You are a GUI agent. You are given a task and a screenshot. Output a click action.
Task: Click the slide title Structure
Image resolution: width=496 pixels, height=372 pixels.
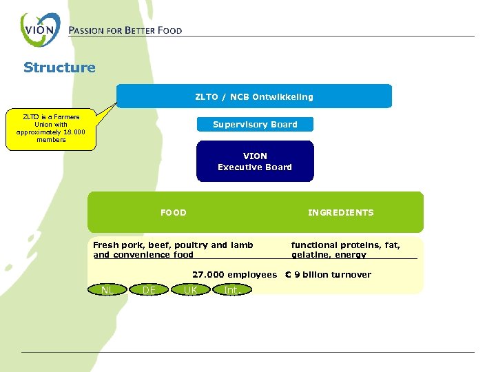(x=59, y=68)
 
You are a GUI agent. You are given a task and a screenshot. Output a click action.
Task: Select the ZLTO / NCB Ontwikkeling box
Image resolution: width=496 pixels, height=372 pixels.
(x=254, y=96)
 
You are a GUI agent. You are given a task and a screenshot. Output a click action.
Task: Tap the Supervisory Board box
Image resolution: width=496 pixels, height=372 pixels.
(x=255, y=125)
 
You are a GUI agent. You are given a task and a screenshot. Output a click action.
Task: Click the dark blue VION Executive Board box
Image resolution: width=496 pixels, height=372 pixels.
(x=255, y=161)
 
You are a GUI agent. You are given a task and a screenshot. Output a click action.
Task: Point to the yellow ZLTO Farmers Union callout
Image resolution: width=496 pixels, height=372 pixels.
(x=52, y=129)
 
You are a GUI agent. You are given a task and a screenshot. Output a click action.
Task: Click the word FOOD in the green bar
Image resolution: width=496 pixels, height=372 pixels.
(x=173, y=212)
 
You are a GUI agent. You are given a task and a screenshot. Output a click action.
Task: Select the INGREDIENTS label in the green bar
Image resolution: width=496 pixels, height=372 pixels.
(x=340, y=212)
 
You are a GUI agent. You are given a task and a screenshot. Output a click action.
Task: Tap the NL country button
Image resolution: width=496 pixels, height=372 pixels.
(x=107, y=290)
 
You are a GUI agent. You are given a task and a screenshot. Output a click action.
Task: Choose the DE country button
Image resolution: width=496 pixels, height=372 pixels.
(x=149, y=290)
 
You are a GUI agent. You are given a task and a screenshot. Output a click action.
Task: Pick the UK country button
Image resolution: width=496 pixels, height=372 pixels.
(x=191, y=290)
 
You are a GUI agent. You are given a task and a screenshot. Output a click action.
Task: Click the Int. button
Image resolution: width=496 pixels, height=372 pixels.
(x=233, y=290)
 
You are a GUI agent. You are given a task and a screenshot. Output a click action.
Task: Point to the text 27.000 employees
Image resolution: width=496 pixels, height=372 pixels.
(x=234, y=274)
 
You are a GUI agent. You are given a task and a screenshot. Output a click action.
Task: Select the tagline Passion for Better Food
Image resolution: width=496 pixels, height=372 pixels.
(x=125, y=30)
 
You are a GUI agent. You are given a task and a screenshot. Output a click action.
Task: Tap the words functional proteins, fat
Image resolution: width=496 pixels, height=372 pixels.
(x=345, y=245)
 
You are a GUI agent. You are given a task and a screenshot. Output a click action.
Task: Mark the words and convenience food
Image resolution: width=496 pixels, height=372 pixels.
(x=143, y=255)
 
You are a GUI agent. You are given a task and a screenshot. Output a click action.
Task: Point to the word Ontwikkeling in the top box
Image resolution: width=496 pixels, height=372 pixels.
(x=282, y=96)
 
